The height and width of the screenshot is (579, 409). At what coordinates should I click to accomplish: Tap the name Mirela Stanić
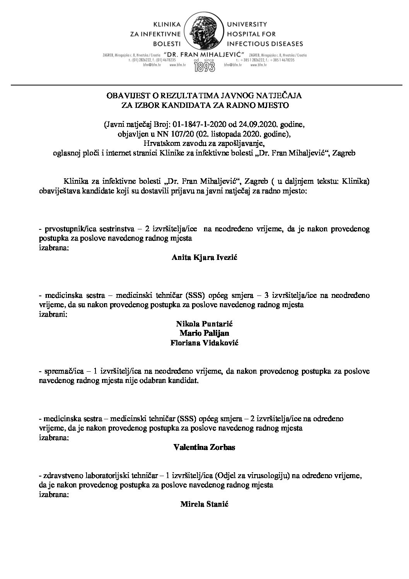204,504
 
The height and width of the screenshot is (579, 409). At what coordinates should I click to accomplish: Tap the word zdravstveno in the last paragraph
63,476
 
